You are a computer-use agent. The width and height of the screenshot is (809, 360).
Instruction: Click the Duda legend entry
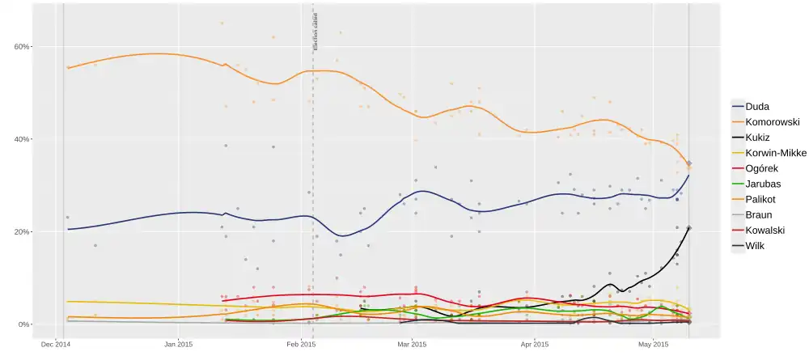click(757, 106)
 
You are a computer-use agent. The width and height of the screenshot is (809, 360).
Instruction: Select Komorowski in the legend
click(773, 122)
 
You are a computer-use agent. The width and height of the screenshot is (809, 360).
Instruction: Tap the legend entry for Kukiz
click(759, 138)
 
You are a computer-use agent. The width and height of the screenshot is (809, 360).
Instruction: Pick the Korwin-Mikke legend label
click(773, 153)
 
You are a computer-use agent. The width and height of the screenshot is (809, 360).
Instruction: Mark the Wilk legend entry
click(756, 245)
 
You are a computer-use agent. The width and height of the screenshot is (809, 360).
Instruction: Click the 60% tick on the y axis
click(22, 47)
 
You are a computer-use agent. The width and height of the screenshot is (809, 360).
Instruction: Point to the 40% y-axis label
click(22, 139)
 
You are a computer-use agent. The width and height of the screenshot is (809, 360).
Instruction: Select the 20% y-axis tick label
click(22, 232)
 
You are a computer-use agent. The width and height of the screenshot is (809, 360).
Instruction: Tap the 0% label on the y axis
click(24, 324)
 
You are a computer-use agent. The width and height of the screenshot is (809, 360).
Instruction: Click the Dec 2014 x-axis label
click(56, 344)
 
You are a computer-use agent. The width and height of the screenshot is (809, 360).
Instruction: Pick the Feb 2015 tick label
click(301, 344)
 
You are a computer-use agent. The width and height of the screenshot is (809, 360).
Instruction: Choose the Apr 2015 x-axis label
click(535, 344)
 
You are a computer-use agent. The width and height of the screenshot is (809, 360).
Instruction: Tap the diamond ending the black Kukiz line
click(688, 228)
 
